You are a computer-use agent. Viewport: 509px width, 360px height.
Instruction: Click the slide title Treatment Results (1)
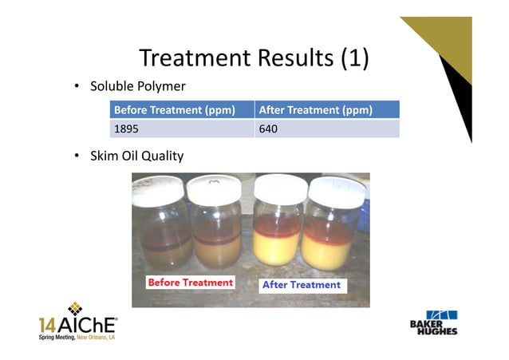coord(254,57)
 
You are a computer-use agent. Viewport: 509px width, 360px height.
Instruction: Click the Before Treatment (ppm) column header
coord(175,110)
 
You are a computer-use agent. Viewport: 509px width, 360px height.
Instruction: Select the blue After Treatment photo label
coord(301,284)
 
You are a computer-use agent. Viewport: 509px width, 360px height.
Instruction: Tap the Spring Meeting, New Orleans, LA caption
coord(77,338)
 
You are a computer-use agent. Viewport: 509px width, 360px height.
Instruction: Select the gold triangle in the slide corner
coord(447,36)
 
